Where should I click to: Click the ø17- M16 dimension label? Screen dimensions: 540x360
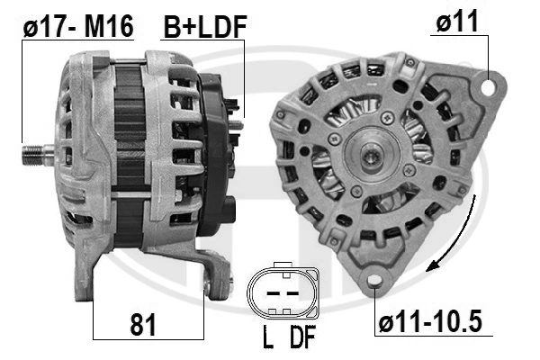pos(78,27)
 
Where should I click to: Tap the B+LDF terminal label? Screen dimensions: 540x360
pos(205,27)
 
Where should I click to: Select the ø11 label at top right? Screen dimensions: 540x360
pos(457,21)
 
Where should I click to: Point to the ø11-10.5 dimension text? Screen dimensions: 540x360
pos(430,321)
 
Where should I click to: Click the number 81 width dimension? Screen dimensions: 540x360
pos(143,324)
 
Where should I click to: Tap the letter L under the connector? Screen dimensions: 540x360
pos(268,337)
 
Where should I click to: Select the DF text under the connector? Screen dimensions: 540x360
pos(302,337)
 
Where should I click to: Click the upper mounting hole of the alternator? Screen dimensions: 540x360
pos(488,86)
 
